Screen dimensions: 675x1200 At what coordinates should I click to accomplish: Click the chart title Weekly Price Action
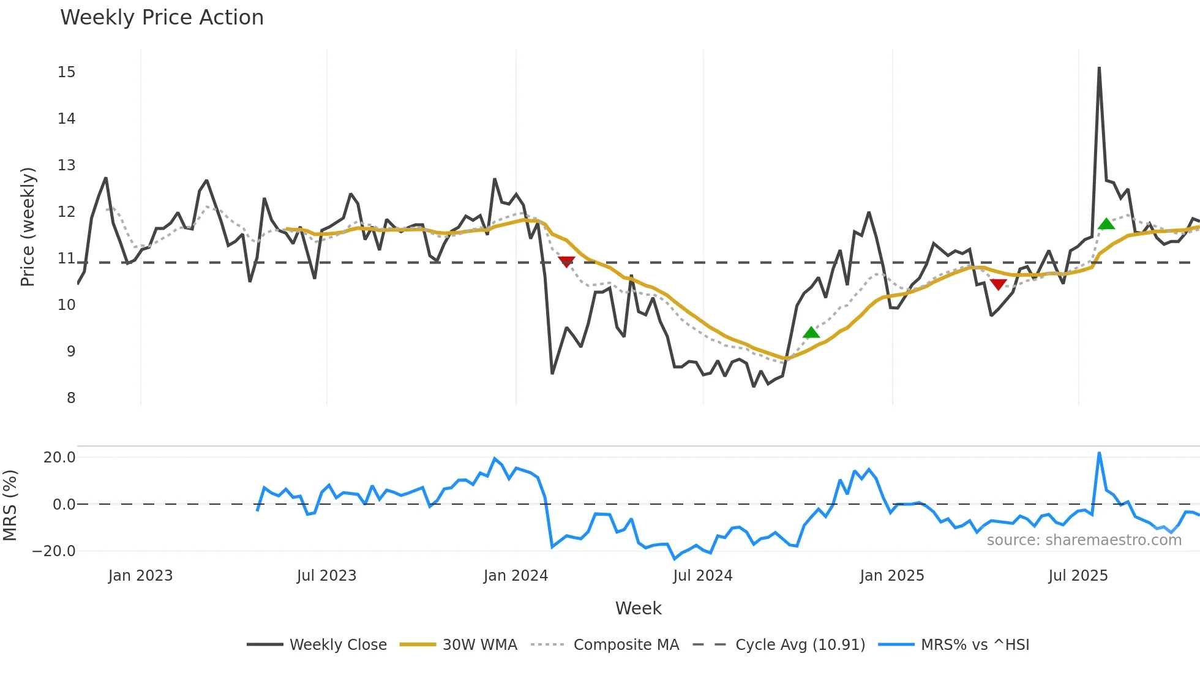pyautogui.click(x=162, y=18)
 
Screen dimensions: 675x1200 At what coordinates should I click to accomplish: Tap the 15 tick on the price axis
pyautogui.click(x=67, y=72)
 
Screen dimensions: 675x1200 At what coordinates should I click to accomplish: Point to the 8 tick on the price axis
pyautogui.click(x=71, y=398)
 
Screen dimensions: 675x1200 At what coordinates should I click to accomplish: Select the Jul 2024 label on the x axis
pyautogui.click(x=702, y=576)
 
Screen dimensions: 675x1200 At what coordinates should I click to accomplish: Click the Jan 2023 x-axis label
pyautogui.click(x=140, y=576)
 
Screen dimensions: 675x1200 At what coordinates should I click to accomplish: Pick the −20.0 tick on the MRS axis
pyautogui.click(x=54, y=551)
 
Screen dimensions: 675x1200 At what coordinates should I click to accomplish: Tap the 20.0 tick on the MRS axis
pyautogui.click(x=59, y=458)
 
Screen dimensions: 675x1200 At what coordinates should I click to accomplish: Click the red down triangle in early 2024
pyautogui.click(x=567, y=262)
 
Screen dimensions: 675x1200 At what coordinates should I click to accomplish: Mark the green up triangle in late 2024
pyautogui.click(x=811, y=333)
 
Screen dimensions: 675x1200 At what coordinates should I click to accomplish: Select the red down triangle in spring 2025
pyautogui.click(x=999, y=284)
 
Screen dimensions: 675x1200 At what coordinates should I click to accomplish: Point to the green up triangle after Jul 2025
pyautogui.click(x=1106, y=224)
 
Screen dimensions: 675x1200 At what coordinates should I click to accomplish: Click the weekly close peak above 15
pyautogui.click(x=1099, y=68)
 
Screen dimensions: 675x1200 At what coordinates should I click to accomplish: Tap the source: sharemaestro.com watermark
pyautogui.click(x=1084, y=540)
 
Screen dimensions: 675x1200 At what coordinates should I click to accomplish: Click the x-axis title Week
pyautogui.click(x=638, y=608)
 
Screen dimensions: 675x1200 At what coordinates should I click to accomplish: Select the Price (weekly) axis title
pyautogui.click(x=28, y=227)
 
